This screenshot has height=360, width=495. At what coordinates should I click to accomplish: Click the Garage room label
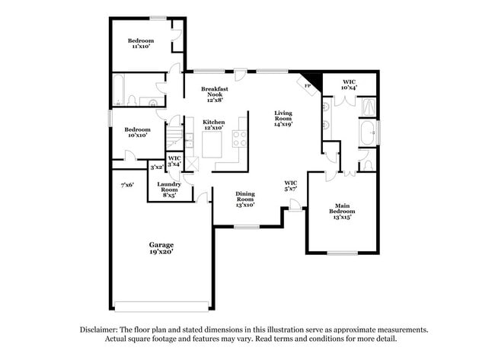(x=161, y=245)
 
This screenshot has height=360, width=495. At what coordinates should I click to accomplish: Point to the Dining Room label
(x=244, y=198)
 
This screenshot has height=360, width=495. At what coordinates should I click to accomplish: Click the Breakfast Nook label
(x=216, y=94)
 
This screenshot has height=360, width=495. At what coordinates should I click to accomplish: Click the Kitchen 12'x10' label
(x=213, y=125)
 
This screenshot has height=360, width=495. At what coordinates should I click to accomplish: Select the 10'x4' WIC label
(x=350, y=84)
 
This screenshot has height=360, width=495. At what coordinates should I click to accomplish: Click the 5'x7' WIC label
(x=290, y=186)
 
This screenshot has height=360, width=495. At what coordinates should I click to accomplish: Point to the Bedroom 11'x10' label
(x=141, y=43)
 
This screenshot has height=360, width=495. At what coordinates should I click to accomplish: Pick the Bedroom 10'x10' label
(x=138, y=132)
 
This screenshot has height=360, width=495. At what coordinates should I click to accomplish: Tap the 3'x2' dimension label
(x=157, y=167)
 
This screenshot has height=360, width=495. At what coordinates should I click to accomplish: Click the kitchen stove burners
(x=240, y=139)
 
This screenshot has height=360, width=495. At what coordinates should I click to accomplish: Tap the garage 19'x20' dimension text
(x=161, y=252)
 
